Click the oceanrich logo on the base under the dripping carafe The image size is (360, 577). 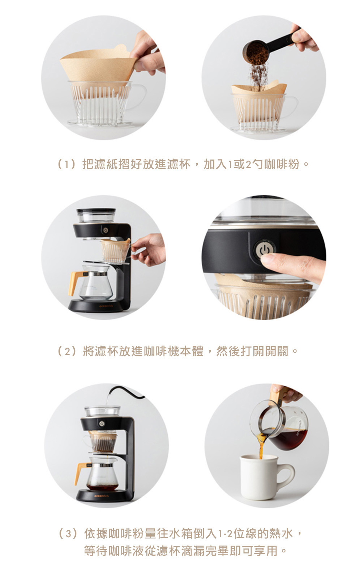(102, 496)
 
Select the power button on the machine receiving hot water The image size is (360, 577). (102, 424)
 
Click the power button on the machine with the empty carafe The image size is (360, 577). (106, 230)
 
